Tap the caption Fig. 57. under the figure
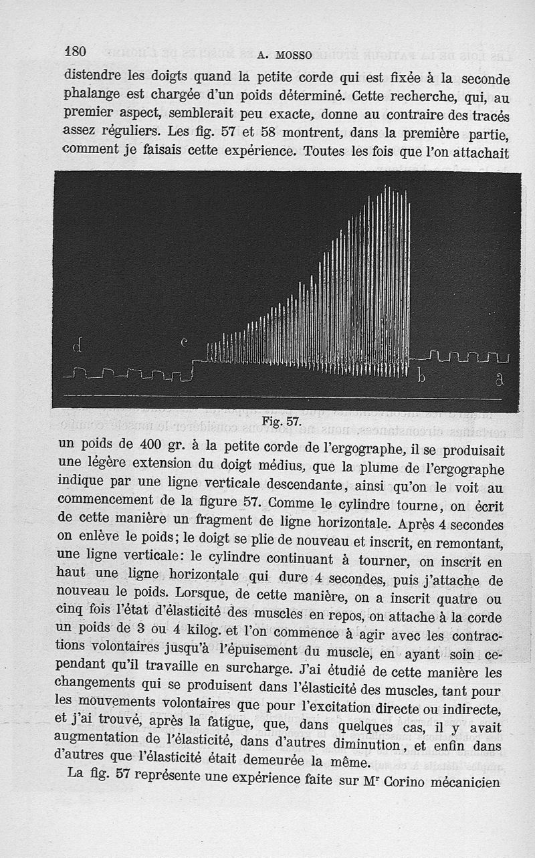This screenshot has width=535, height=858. point(282,421)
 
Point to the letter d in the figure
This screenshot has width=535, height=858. point(78,346)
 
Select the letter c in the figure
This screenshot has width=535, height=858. point(185,342)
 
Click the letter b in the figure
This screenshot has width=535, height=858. point(421,377)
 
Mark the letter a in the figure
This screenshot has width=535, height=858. point(499,379)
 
